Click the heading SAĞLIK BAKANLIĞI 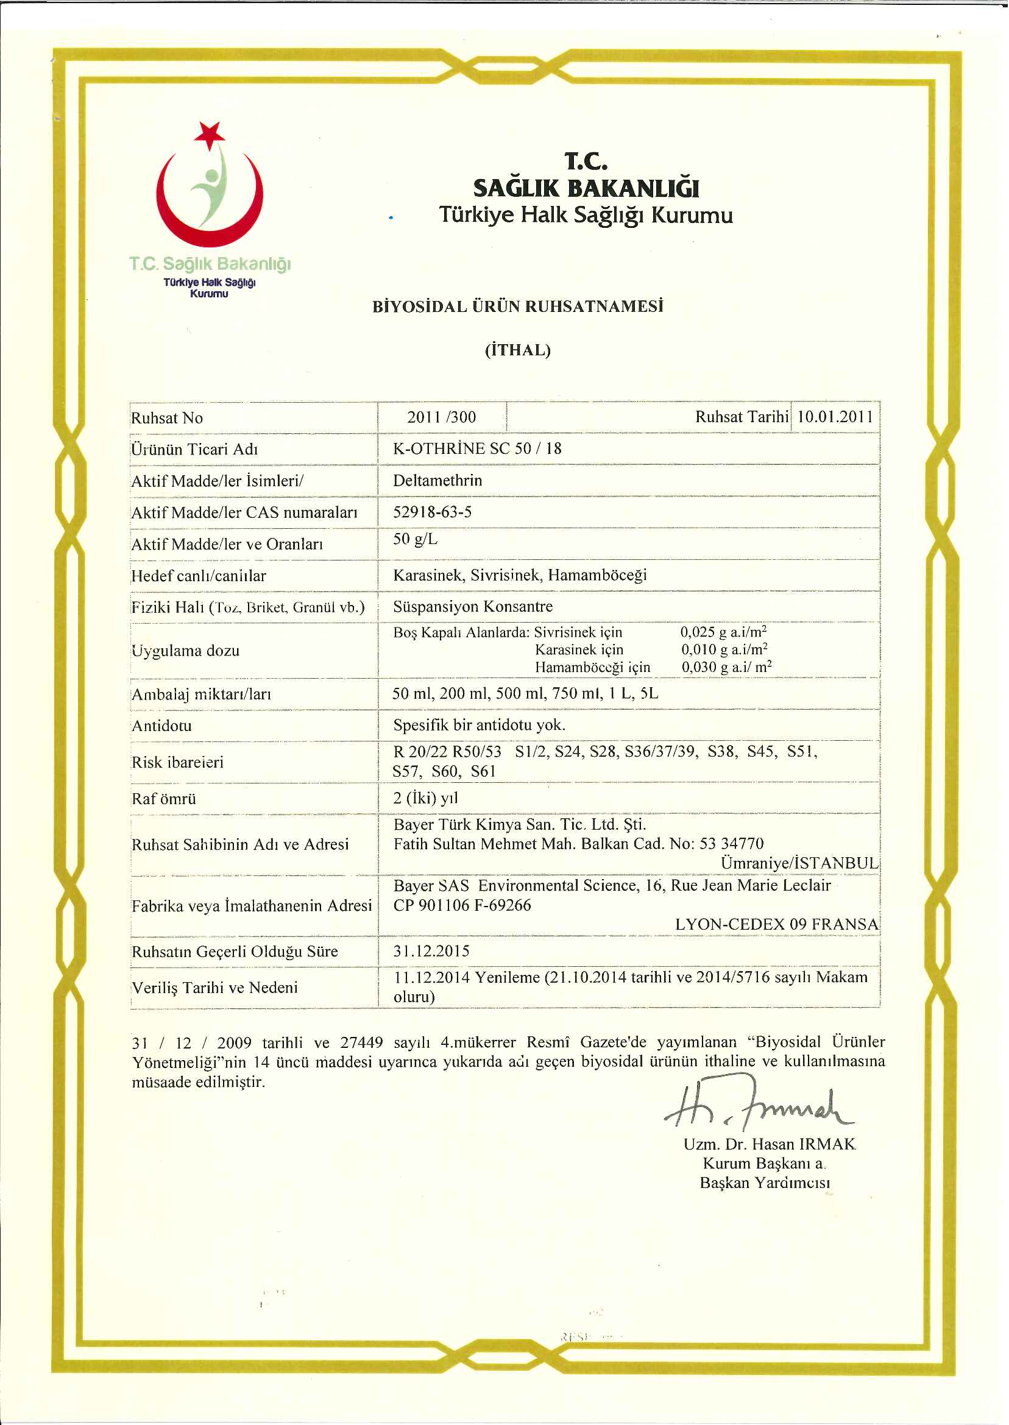pyautogui.click(x=586, y=188)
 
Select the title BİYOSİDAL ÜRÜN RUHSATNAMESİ pyautogui.click(x=517, y=307)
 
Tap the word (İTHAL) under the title pyautogui.click(x=517, y=350)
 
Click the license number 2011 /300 pyautogui.click(x=441, y=417)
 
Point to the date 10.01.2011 pyautogui.click(x=835, y=417)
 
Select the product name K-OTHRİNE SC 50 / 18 pyautogui.click(x=477, y=448)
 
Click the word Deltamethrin pyautogui.click(x=437, y=480)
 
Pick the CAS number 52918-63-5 pyautogui.click(x=433, y=512)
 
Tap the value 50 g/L pyautogui.click(x=415, y=539)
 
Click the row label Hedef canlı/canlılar pyautogui.click(x=199, y=576)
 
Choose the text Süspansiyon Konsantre pyautogui.click(x=473, y=606)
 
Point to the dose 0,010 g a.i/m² pyautogui.click(x=724, y=650)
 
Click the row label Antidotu pyautogui.click(x=161, y=726)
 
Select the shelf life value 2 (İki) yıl pyautogui.click(x=425, y=798)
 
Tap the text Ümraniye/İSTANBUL pyautogui.click(x=799, y=863)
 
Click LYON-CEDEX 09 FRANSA pyautogui.click(x=777, y=924)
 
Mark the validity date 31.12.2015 pyautogui.click(x=431, y=951)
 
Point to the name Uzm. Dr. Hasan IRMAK pyautogui.click(x=769, y=1144)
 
